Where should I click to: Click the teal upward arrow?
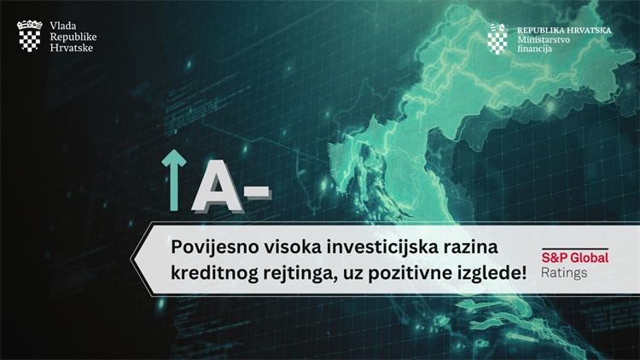174,180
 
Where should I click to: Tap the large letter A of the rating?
218,187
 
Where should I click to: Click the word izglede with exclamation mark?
492,273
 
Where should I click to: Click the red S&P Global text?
574,258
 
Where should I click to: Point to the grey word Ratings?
564,273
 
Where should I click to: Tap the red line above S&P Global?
575,248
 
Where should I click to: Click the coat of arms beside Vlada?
29,37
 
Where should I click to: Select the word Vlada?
63,26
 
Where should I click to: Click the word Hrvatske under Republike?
71,48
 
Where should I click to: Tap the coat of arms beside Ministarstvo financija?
497,38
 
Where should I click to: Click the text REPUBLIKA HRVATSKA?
565,30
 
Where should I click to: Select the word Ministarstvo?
544,39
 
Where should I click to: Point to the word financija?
535,49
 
